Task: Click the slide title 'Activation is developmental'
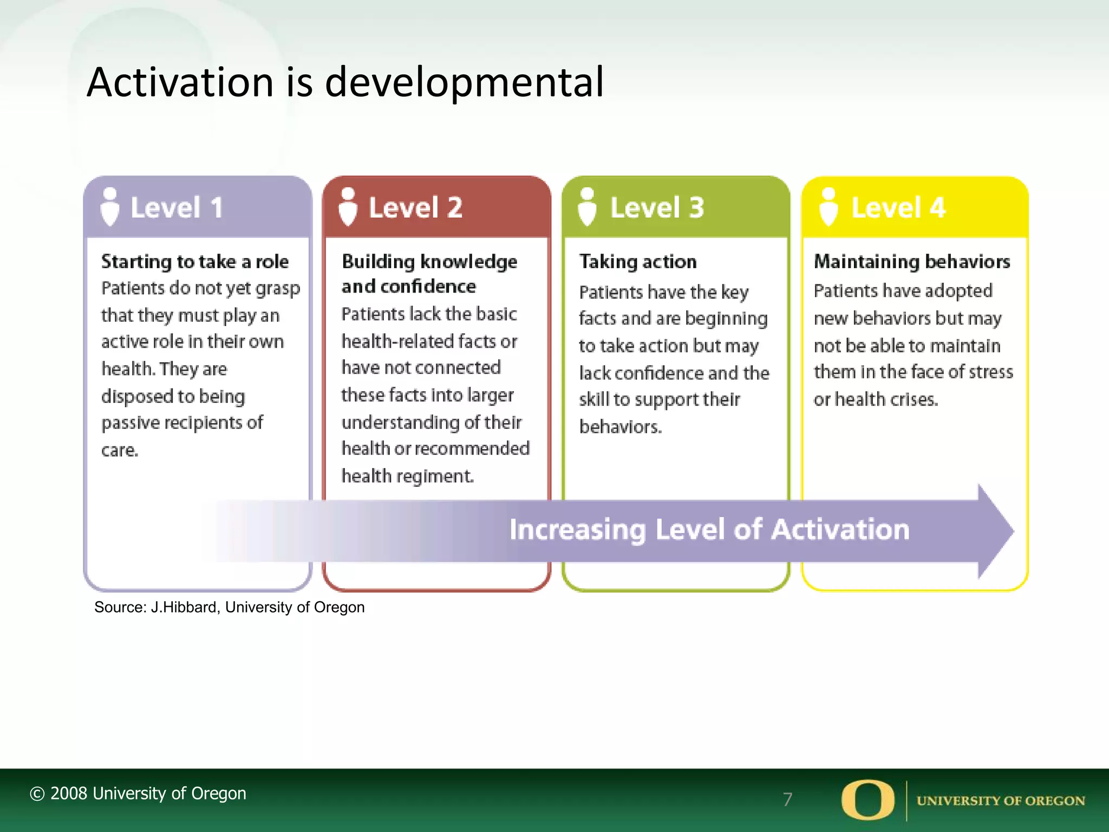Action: click(345, 82)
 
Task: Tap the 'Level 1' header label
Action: click(177, 208)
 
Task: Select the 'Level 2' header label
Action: click(415, 208)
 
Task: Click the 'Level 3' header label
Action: click(657, 208)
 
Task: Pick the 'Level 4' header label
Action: click(898, 208)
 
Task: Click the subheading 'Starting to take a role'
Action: click(195, 262)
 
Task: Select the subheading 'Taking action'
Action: click(638, 262)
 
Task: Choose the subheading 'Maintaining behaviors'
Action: click(912, 262)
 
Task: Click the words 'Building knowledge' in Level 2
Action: click(429, 262)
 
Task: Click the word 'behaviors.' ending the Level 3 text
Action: click(621, 427)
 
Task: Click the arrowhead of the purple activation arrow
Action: click(995, 531)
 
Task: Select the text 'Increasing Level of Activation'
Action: click(709, 530)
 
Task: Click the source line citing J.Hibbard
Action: click(230, 607)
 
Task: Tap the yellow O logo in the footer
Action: click(867, 799)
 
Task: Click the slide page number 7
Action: click(787, 799)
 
